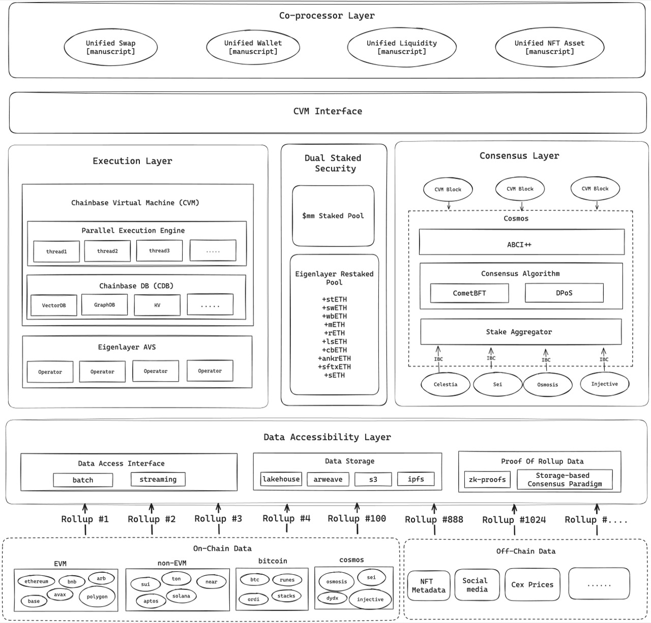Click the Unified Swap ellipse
(x=111, y=47)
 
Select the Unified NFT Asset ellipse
(x=550, y=47)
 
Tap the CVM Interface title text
(x=328, y=111)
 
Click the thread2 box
(x=107, y=251)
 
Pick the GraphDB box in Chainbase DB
(x=104, y=305)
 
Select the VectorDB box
(x=54, y=305)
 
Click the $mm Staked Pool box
(x=333, y=216)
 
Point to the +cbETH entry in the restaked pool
(x=335, y=350)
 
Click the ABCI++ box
(x=521, y=242)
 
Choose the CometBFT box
(x=469, y=293)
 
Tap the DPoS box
(x=564, y=293)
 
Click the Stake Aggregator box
(x=521, y=331)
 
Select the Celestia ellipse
(x=445, y=384)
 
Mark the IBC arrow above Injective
(x=604, y=359)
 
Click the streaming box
(x=158, y=479)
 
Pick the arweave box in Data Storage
(x=328, y=479)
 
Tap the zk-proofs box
(x=487, y=480)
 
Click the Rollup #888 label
(x=434, y=519)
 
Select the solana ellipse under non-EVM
(x=181, y=596)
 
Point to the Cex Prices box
(x=532, y=584)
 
